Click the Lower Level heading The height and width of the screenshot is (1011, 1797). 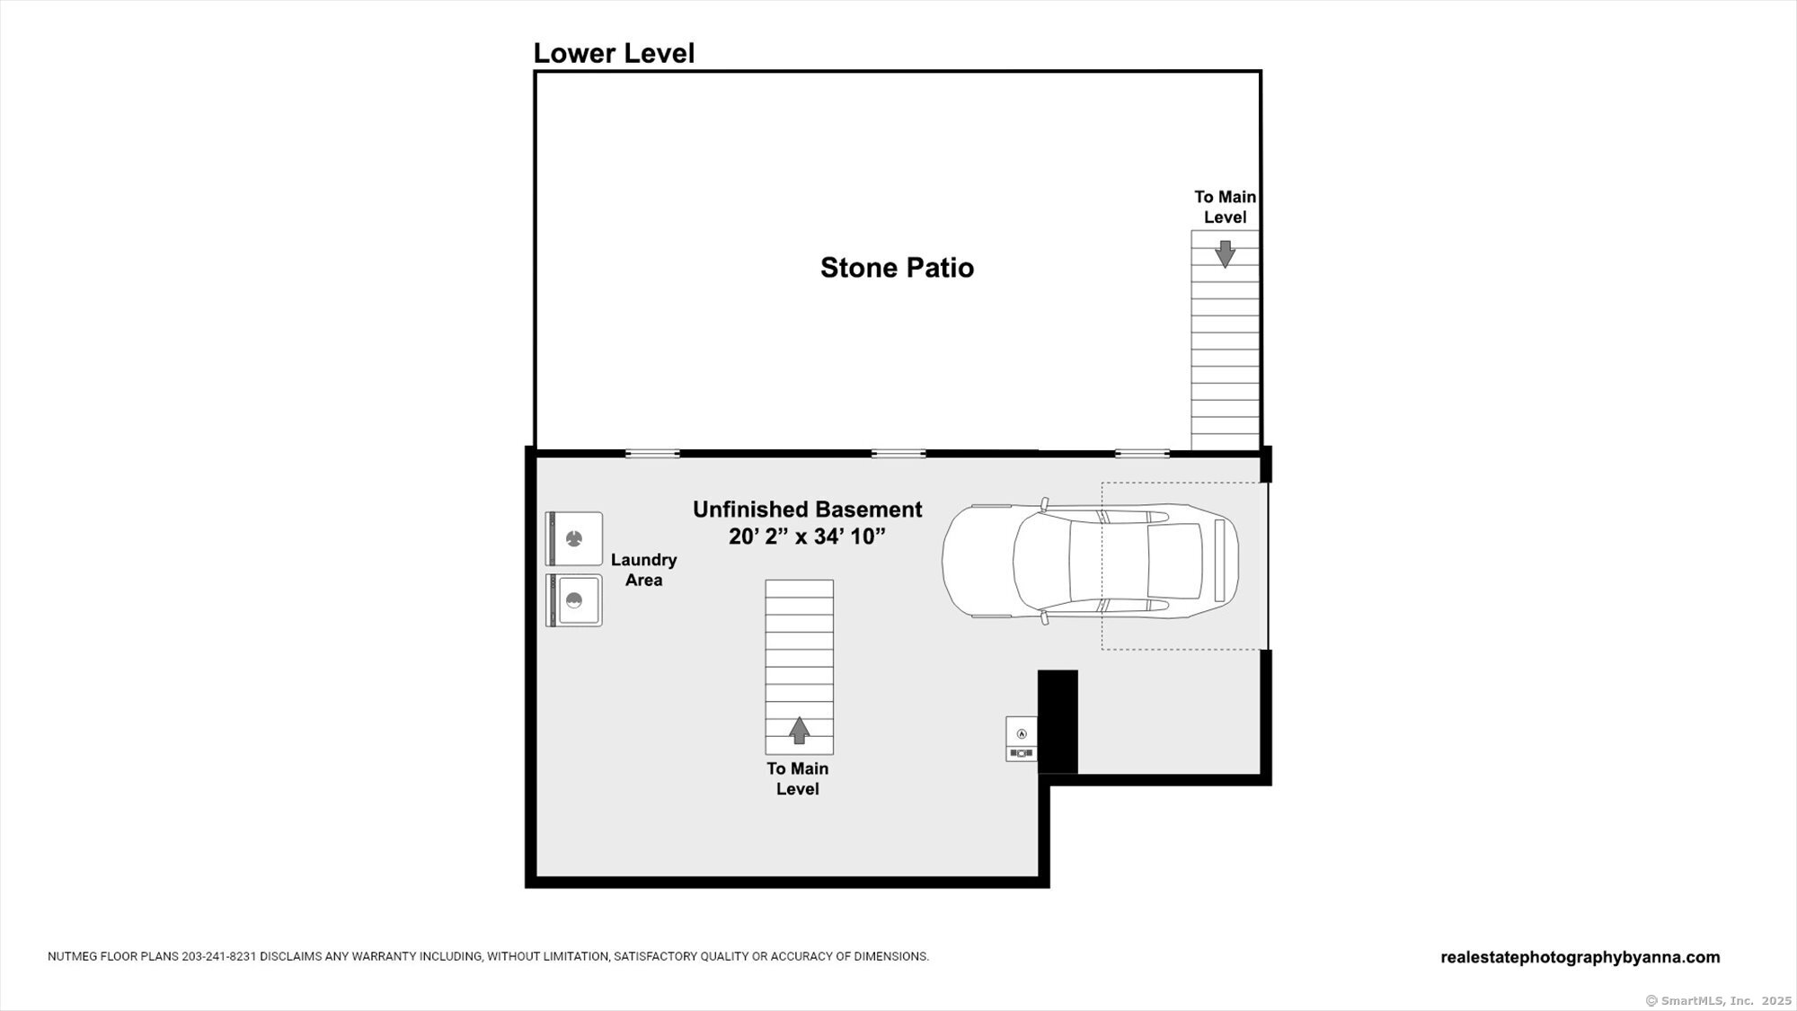pyautogui.click(x=614, y=53)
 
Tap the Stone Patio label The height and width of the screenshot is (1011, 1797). pyautogui.click(x=897, y=268)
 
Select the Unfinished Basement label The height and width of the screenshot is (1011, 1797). pyautogui.click(x=807, y=510)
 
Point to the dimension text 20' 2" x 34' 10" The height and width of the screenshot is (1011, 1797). pyautogui.click(x=807, y=537)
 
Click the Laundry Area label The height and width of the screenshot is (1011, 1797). pyautogui.click(x=643, y=570)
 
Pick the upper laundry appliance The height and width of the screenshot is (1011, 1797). pyautogui.click(x=574, y=539)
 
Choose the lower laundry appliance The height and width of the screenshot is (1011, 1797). pyautogui.click(x=574, y=600)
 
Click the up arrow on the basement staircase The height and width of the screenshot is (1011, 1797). pyautogui.click(x=799, y=730)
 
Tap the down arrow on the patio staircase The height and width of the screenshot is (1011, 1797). pyautogui.click(x=1225, y=253)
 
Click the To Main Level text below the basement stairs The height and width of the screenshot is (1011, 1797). pyautogui.click(x=798, y=778)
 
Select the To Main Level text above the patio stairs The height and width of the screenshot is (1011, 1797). pyautogui.click(x=1225, y=207)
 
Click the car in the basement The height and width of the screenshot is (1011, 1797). pyautogui.click(x=1090, y=561)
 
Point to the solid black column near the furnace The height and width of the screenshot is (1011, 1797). pyautogui.click(x=1058, y=722)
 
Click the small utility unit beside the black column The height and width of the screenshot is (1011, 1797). pyautogui.click(x=1022, y=739)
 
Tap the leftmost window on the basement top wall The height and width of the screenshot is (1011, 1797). pyautogui.click(x=652, y=454)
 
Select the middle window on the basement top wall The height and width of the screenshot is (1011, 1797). pyautogui.click(x=898, y=454)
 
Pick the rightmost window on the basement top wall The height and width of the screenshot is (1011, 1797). pyautogui.click(x=1143, y=454)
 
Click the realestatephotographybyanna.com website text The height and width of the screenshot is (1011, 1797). pyautogui.click(x=1580, y=958)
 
